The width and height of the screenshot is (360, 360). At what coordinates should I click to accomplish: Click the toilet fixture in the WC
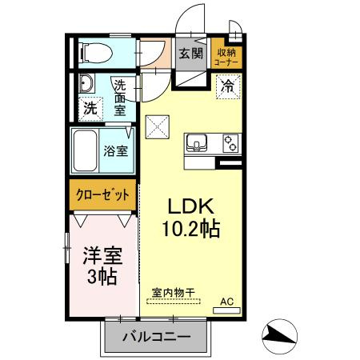pyautogui.click(x=94, y=54)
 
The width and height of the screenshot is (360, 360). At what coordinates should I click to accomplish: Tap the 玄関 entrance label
pyautogui.click(x=190, y=54)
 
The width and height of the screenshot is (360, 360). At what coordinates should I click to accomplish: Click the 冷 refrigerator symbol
pyautogui.click(x=228, y=84)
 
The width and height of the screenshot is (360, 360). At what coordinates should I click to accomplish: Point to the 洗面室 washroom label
pyautogui.click(x=119, y=97)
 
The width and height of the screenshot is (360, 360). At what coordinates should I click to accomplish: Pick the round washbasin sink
pyautogui.click(x=86, y=83)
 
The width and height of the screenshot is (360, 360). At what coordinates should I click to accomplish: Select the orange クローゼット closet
pyautogui.click(x=102, y=194)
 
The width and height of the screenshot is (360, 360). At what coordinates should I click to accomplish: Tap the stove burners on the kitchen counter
pyautogui.click(x=230, y=143)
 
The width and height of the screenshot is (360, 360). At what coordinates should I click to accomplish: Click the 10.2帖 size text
pyautogui.click(x=193, y=228)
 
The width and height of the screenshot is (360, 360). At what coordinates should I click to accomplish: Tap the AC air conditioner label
pyautogui.click(x=227, y=302)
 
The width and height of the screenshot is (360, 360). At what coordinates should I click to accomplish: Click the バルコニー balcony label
pyautogui.click(x=156, y=338)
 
